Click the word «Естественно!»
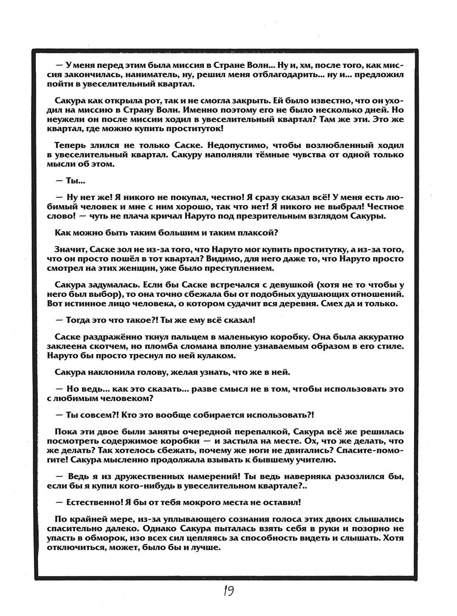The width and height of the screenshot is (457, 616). pyautogui.click(x=93, y=503)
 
